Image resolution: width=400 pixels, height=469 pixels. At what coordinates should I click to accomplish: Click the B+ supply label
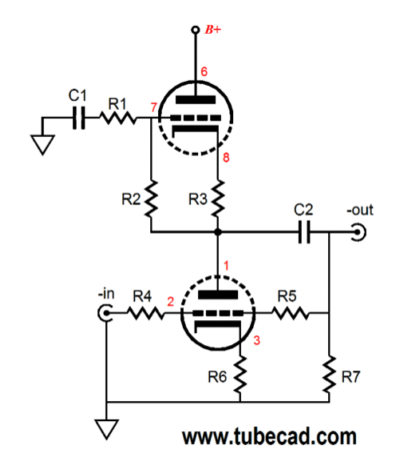click(213, 30)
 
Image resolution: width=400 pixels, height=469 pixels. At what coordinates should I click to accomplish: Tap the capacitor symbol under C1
click(79, 118)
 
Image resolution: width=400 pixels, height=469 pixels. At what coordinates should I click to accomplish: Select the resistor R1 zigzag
click(118, 118)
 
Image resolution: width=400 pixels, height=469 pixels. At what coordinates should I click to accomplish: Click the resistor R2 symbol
click(151, 199)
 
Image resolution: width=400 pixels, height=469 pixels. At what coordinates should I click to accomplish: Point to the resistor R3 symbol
click(218, 199)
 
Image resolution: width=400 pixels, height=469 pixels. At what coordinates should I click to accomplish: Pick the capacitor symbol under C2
click(304, 232)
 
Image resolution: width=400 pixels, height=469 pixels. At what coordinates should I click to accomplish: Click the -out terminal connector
click(359, 232)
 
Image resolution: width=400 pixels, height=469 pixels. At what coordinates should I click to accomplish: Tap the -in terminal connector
click(105, 313)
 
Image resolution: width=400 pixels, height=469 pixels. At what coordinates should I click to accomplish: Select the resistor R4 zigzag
click(145, 313)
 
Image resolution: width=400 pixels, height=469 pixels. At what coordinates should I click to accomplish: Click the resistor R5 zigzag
click(290, 313)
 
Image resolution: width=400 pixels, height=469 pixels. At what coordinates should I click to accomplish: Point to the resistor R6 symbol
click(240, 374)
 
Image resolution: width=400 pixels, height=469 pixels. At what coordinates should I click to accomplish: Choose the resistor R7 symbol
click(329, 374)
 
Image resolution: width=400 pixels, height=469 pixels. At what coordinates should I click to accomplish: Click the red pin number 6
click(204, 72)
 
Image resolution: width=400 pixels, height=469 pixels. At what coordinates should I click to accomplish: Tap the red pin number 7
click(154, 108)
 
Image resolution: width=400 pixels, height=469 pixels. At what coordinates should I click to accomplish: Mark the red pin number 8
click(226, 158)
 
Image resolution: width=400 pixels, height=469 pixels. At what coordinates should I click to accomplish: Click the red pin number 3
click(257, 340)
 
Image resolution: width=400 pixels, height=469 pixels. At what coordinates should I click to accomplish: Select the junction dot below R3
click(218, 233)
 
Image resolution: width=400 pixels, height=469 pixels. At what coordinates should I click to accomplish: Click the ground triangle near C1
click(42, 145)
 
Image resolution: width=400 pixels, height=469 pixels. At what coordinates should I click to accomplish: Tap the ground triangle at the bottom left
click(107, 429)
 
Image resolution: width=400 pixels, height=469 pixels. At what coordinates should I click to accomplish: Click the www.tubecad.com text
click(269, 436)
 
